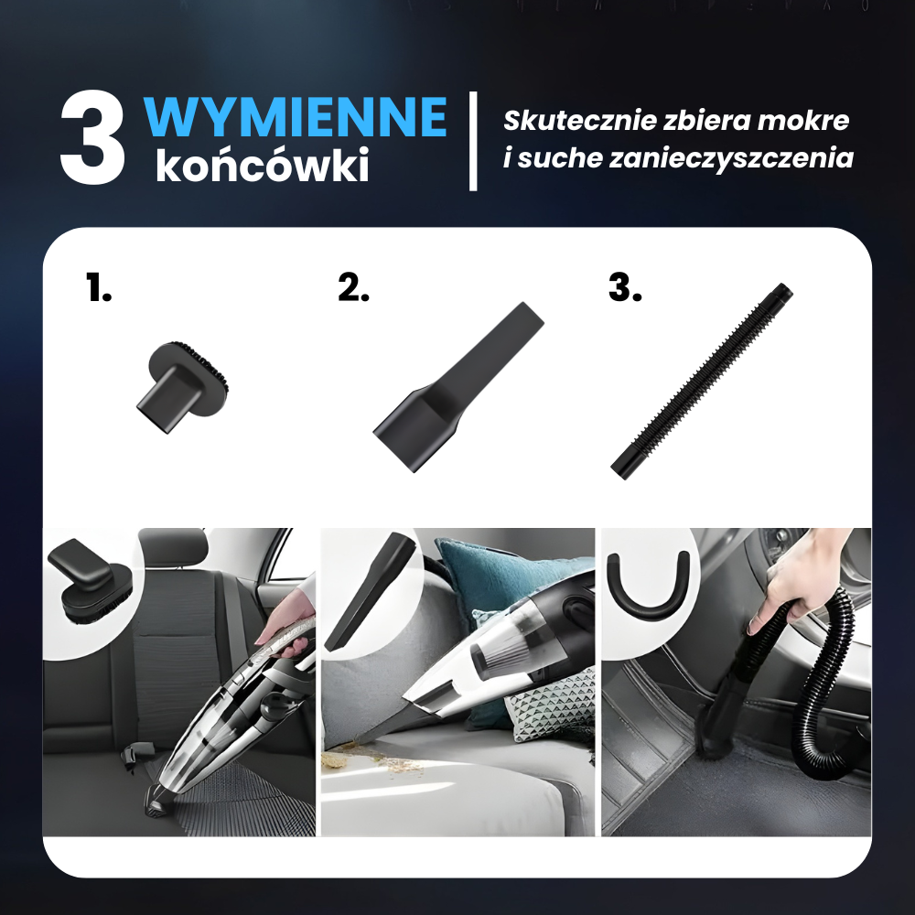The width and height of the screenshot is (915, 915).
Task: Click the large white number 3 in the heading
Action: [x=93, y=138]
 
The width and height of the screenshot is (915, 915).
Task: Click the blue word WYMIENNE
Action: [x=296, y=117]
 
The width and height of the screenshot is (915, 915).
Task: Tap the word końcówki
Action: [x=263, y=165]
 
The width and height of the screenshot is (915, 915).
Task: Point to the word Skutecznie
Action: [x=578, y=120]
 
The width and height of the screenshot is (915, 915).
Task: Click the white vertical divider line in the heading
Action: [x=473, y=141]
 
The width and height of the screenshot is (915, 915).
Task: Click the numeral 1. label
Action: [x=98, y=286]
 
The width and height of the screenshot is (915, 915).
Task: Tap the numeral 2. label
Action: [x=353, y=286]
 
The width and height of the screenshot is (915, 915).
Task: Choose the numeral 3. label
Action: [x=625, y=286]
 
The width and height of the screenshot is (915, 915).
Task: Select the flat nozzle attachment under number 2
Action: [x=458, y=386]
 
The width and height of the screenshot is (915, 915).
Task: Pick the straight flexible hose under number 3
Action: [x=702, y=382]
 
